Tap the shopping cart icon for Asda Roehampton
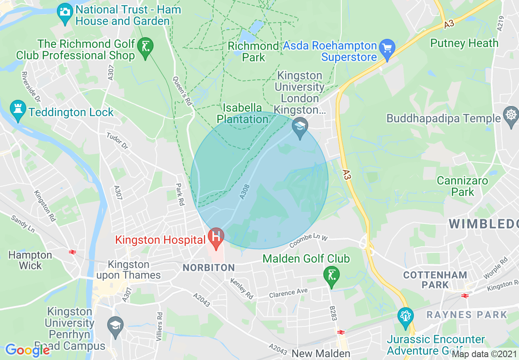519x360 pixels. (x=387, y=47)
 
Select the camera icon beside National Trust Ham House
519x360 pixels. (x=65, y=11)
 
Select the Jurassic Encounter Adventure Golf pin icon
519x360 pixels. (x=405, y=316)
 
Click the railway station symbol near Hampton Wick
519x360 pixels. (x=73, y=252)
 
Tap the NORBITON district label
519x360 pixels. (x=209, y=268)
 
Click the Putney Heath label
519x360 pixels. (x=464, y=43)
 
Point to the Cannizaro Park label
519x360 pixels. (x=463, y=186)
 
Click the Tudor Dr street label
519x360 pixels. (x=117, y=140)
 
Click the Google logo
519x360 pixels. (x=27, y=350)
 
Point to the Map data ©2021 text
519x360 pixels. (x=485, y=354)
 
